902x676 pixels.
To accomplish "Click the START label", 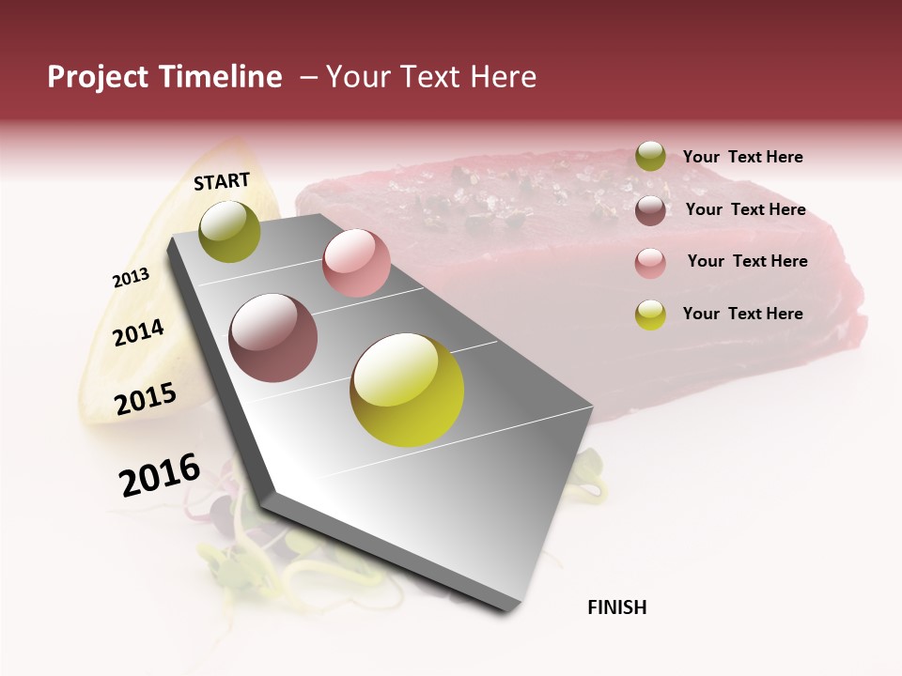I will (222, 181).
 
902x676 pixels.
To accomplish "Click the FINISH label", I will (616, 607).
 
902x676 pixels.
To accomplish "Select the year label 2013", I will (131, 278).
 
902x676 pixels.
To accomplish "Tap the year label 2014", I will (138, 332).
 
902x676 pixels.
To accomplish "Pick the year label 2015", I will (145, 399).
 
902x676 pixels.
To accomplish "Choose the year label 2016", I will (160, 474).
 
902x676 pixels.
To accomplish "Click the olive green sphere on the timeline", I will (229, 231).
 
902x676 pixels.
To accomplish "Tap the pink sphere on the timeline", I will (356, 263).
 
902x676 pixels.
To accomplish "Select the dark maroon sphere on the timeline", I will (272, 338).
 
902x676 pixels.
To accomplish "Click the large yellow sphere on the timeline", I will (407, 390).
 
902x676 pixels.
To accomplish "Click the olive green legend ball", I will (650, 157).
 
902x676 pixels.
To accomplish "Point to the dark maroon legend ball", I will (650, 210).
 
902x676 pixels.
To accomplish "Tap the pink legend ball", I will (650, 263).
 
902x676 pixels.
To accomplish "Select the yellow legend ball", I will (650, 315).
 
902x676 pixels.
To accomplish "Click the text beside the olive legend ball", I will (742, 157).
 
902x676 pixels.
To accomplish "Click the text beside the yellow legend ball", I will (742, 314).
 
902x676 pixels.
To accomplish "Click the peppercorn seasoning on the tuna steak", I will (489, 192).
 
